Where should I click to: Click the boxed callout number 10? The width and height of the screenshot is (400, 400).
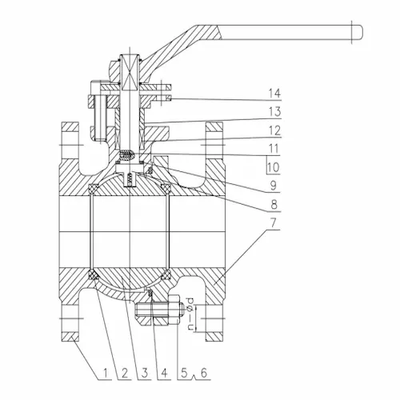coord(272,169)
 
